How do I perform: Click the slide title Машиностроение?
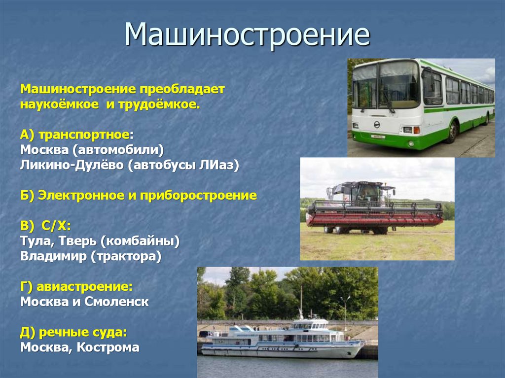pos(247,35)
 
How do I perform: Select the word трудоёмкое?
pos(157,105)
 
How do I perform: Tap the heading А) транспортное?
pos(77,135)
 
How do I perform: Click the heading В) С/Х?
pos(46,226)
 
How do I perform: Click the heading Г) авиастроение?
pos(76,286)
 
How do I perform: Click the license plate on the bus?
pos(378,136)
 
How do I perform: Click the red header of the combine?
pos(375,218)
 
